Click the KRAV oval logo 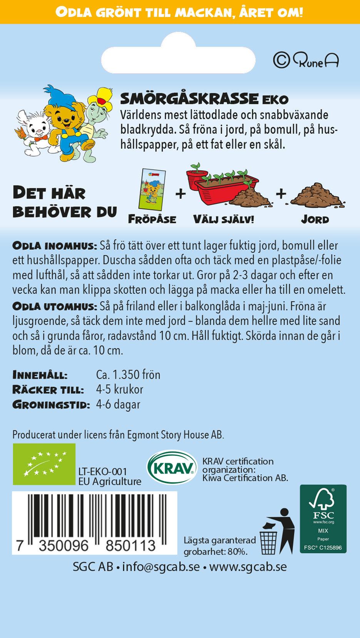[x=172, y=467]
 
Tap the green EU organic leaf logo [x=44, y=464]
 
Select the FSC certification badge [x=323, y=519]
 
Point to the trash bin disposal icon [x=277, y=532]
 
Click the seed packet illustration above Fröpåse [x=152, y=189]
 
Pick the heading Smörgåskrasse [x=189, y=99]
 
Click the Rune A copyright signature [x=306, y=60]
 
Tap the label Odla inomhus [x=54, y=246]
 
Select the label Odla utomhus [x=54, y=306]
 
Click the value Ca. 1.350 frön [x=128, y=375]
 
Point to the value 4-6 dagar [x=118, y=404]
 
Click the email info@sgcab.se [x=161, y=567]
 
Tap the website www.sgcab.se [x=248, y=567]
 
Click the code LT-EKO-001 [x=102, y=471]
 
